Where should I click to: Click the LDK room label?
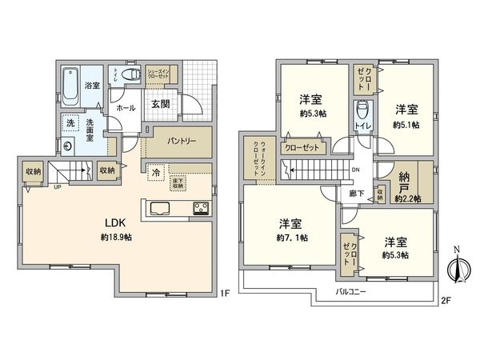coord(110,222)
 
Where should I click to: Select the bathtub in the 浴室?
coord(70,85)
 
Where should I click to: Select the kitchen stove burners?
coord(199,210)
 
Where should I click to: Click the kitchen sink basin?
coord(158,210)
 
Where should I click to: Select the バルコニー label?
coord(351,292)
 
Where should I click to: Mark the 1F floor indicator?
coord(226,294)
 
